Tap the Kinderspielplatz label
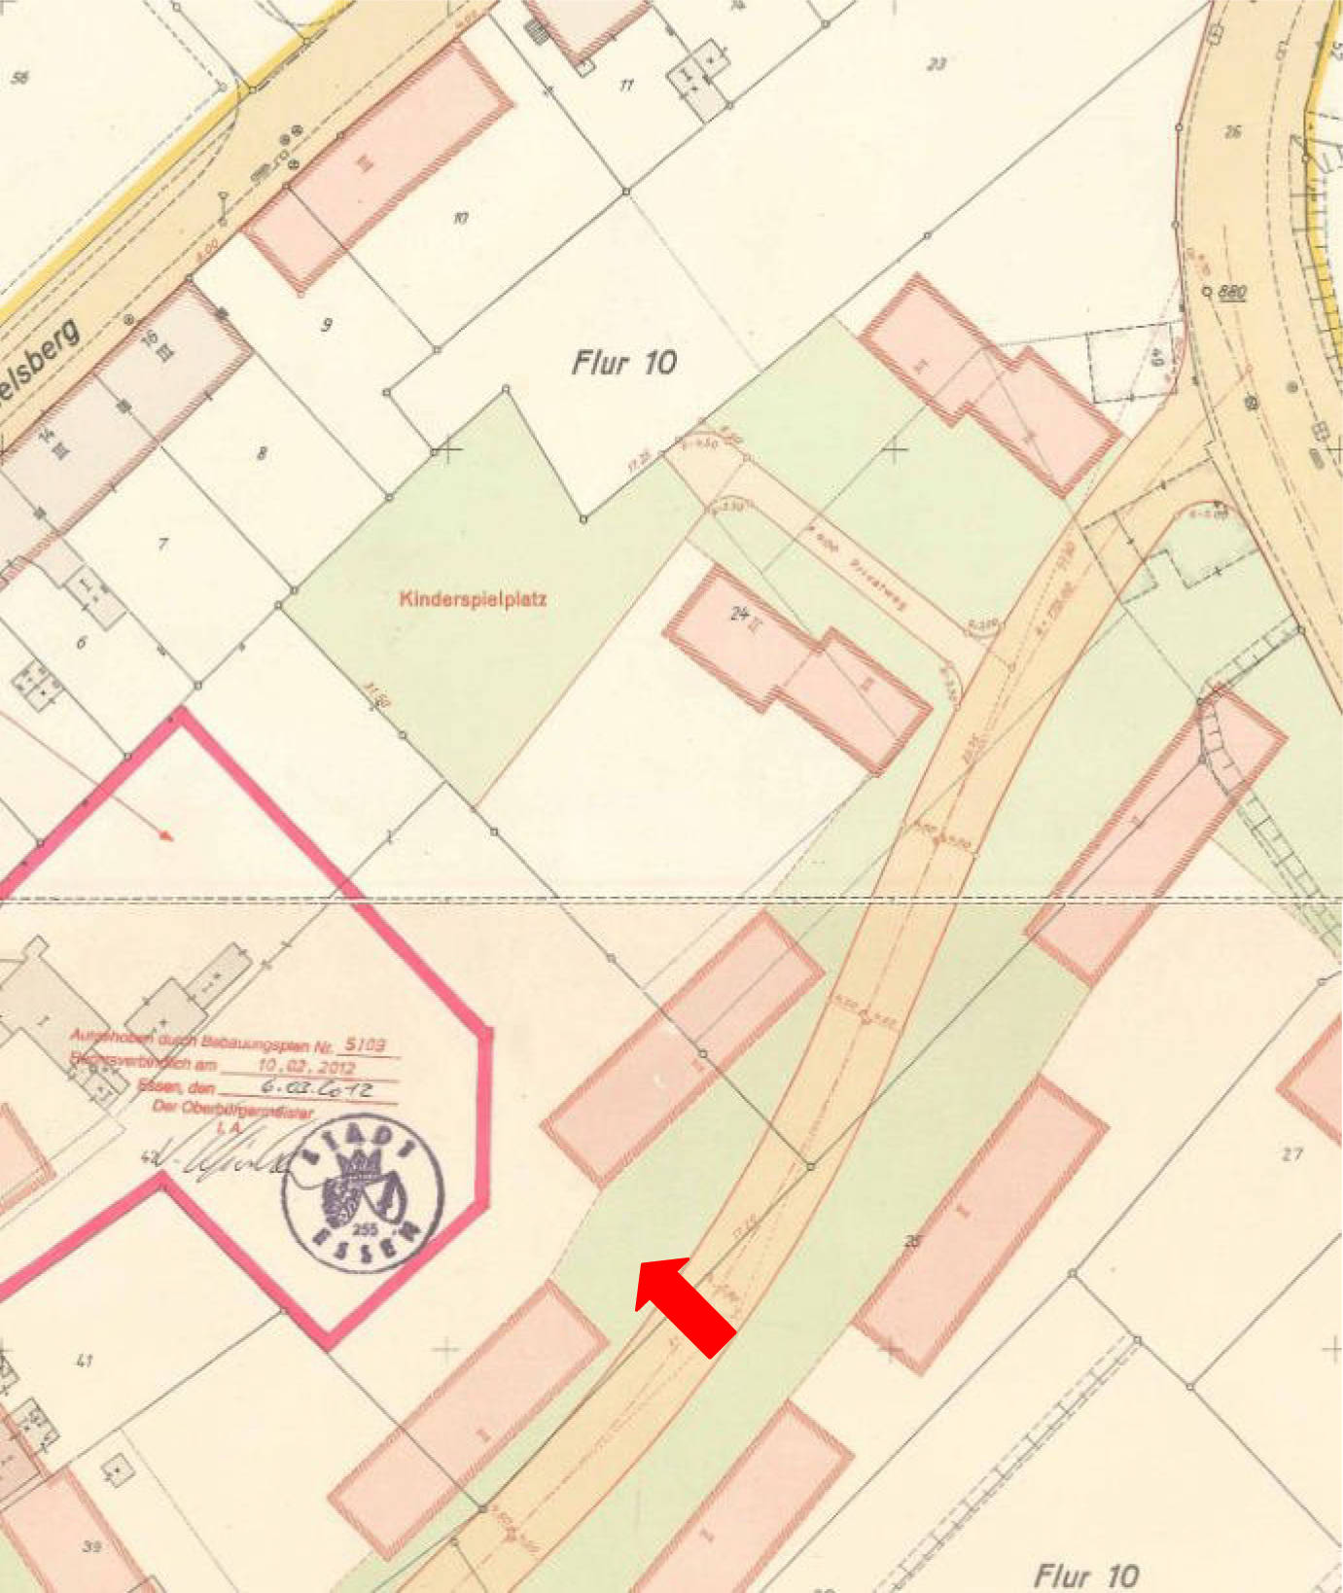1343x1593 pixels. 473,599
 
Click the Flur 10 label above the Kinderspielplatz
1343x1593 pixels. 623,364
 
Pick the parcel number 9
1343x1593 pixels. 327,325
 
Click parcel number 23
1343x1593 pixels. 936,64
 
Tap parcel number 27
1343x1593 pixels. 1290,1154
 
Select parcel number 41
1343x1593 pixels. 85,1361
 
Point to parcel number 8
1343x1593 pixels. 261,452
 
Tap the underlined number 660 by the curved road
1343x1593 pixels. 1231,292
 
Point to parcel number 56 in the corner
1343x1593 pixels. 19,76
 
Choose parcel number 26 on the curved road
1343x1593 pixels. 1233,131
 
